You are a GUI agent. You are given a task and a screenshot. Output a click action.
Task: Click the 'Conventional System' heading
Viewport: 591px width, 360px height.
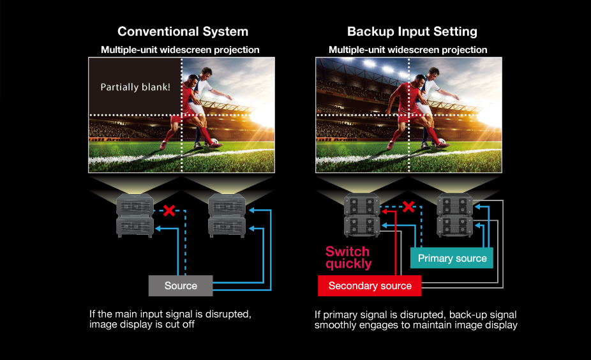pos(183,31)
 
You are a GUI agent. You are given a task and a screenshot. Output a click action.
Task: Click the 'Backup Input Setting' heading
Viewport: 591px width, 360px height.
pos(412,31)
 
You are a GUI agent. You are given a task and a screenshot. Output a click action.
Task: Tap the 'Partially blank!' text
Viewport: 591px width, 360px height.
pos(135,87)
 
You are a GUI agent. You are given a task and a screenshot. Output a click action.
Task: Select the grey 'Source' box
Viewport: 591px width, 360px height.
pos(181,285)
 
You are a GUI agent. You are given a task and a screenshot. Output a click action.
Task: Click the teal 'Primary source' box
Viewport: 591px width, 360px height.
pos(452,259)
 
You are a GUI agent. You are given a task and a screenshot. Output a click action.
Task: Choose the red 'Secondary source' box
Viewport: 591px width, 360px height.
pos(370,285)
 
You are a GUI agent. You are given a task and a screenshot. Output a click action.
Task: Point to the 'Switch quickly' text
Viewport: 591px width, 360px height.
pos(348,257)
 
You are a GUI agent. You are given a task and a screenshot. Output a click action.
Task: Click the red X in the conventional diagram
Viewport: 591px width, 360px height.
pos(169,211)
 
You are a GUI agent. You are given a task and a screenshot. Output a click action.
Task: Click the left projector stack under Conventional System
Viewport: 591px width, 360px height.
pos(134,215)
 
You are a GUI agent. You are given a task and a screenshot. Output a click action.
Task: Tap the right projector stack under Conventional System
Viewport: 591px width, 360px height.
pos(228,215)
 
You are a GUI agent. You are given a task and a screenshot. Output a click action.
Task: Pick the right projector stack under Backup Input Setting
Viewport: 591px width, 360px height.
pos(454,215)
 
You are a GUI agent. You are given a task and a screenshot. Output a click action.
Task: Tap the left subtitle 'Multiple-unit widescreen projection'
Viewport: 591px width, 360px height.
pos(180,50)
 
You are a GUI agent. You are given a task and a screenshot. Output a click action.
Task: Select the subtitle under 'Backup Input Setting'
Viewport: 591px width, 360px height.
pos(408,50)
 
